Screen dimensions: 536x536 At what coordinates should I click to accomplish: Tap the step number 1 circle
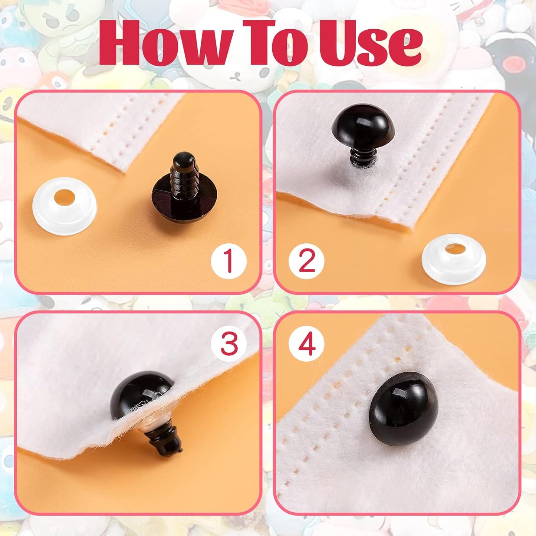click(x=228, y=261)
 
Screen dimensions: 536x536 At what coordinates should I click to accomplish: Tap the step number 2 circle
click(x=306, y=261)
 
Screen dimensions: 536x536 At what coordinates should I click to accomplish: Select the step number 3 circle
click(x=229, y=343)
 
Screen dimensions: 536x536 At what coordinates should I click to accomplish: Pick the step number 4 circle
click(x=306, y=343)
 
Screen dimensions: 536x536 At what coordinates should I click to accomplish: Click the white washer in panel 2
click(x=454, y=261)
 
